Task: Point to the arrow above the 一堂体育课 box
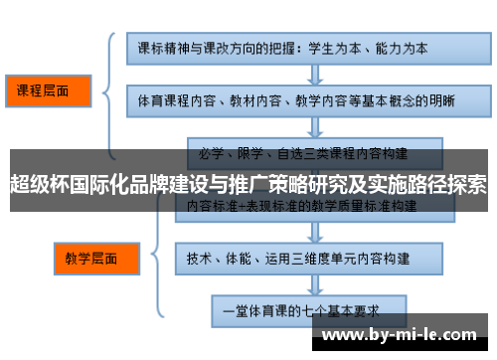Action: pos(298,282)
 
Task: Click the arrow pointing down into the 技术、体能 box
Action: pos(298,232)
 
